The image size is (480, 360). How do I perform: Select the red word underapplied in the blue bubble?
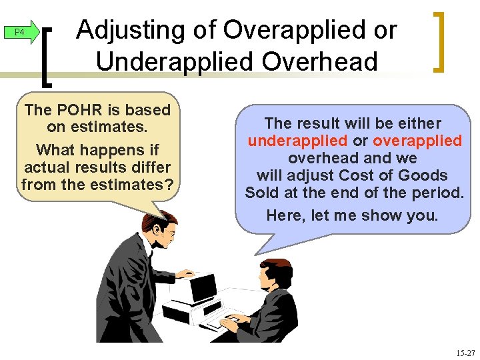click(x=298, y=141)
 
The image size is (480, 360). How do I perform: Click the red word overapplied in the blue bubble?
click(x=417, y=141)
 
